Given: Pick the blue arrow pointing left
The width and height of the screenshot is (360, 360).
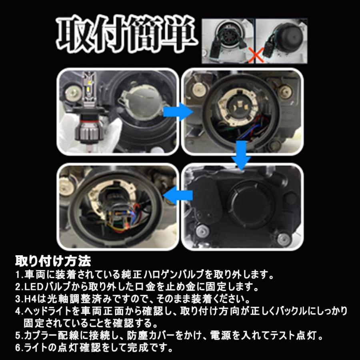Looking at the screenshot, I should tap(176, 196).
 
